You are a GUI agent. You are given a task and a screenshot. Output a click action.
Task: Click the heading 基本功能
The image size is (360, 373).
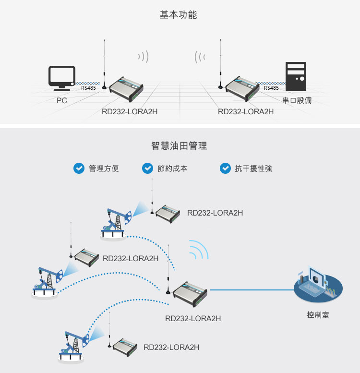point(178,15)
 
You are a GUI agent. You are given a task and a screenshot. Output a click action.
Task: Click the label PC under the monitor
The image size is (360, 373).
point(61,101)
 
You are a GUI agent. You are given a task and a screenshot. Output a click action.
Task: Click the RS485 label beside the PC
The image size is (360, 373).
point(88,88)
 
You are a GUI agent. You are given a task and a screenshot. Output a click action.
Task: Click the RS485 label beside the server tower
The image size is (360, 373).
point(271,88)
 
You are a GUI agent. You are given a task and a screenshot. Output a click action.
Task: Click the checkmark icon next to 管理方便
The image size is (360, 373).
point(78,168)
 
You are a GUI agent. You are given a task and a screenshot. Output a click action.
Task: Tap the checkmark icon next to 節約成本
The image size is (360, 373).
point(147,168)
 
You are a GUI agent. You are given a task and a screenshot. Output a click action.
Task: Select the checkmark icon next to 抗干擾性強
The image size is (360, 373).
point(225,168)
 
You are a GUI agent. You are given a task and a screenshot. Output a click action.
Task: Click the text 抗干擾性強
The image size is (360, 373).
point(253,168)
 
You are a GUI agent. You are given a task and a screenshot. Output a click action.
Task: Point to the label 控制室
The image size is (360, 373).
point(318,315)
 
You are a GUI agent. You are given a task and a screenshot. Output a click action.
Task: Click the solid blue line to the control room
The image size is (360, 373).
point(252,290)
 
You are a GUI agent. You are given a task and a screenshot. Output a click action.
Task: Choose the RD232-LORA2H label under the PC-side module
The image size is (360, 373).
point(130,112)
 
